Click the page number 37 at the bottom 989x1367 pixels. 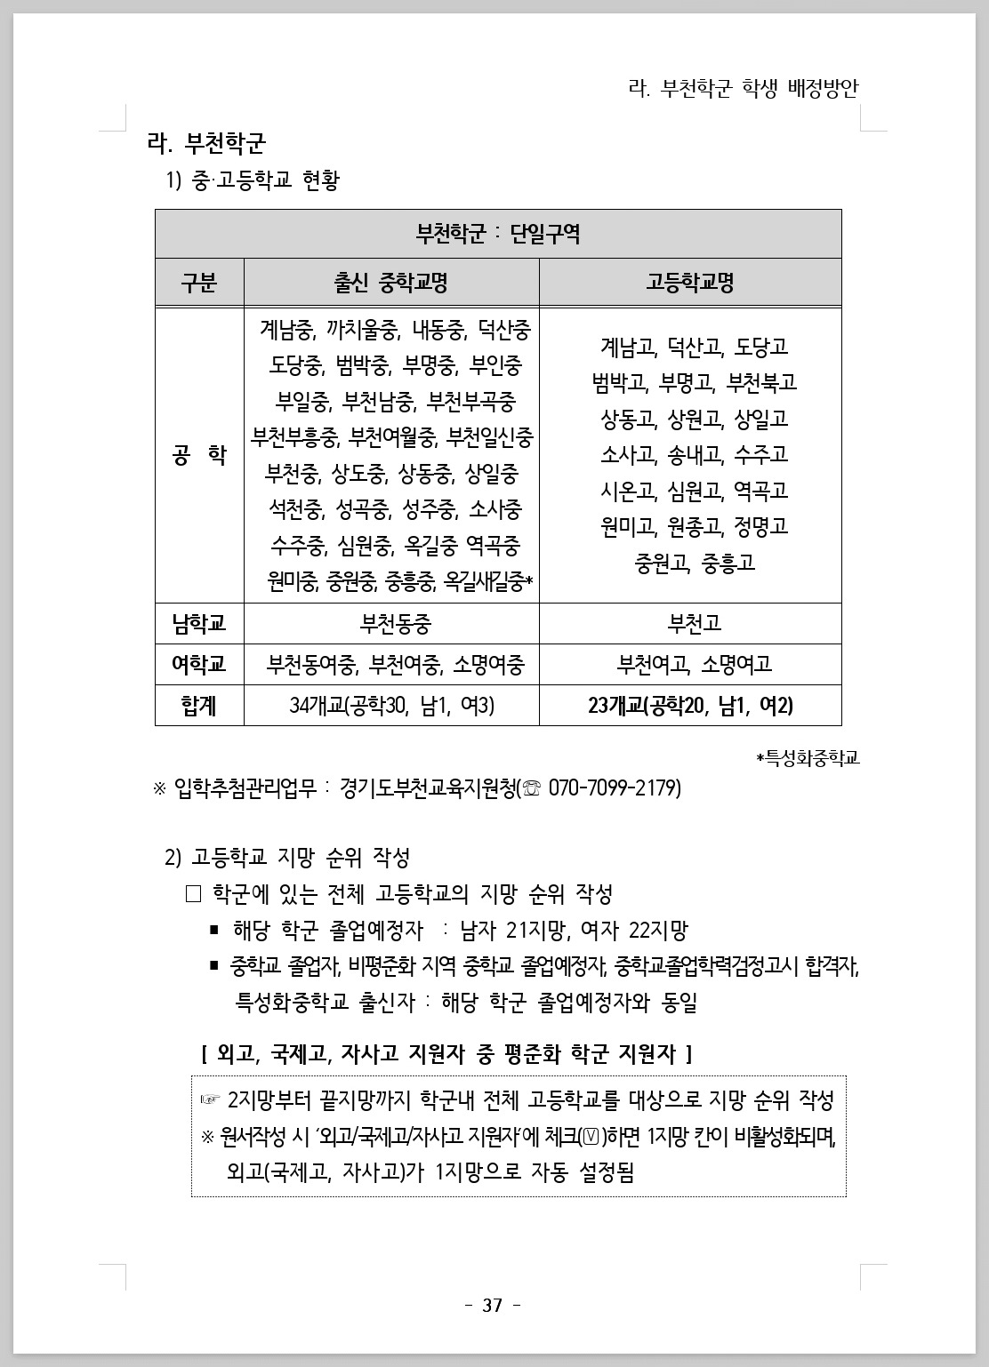[493, 1306]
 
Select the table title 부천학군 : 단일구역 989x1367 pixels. [498, 234]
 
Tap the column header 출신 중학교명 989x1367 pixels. [391, 283]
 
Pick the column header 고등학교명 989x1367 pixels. [690, 283]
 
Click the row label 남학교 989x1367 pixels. [199, 623]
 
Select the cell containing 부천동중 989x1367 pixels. [391, 623]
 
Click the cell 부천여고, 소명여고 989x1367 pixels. [690, 664]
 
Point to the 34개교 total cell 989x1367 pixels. [391, 706]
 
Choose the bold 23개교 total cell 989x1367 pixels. [690, 706]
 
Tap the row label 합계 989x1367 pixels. [199, 706]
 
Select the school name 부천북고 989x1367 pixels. [761, 382]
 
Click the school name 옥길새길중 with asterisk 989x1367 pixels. [488, 581]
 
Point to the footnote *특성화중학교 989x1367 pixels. [808, 758]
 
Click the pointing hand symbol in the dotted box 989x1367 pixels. [210, 1100]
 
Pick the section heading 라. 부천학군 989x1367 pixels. [206, 142]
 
